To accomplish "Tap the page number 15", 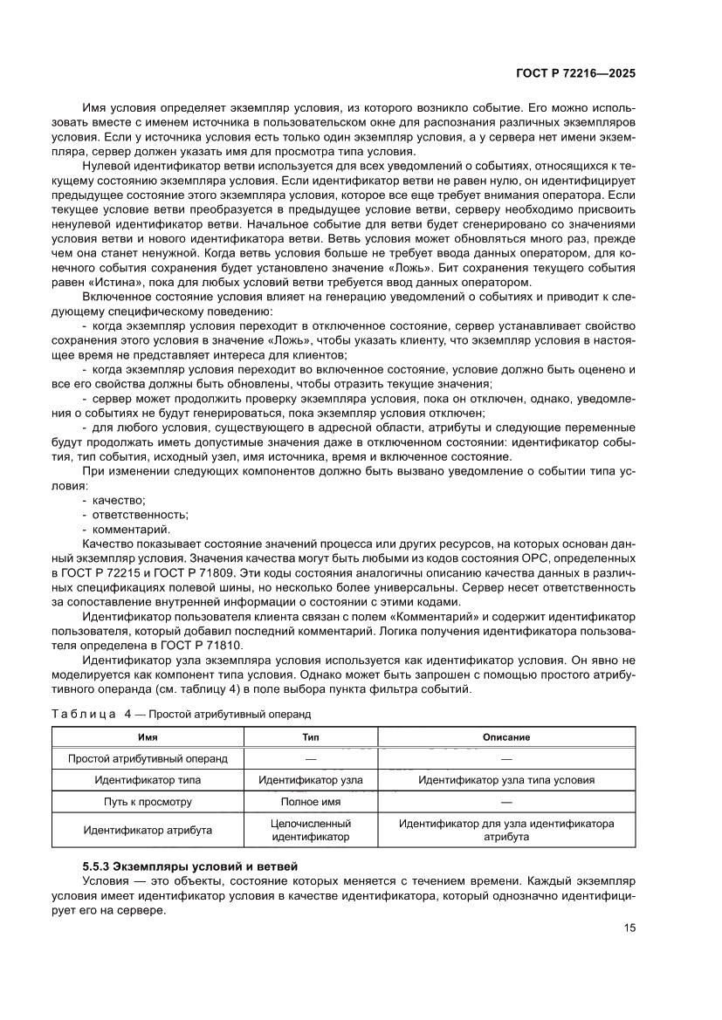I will [629, 928].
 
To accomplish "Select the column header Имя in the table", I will [148, 737].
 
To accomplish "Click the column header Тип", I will [311, 737].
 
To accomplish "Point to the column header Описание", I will [506, 737].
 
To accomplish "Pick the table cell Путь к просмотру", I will [148, 801].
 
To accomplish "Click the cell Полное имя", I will [311, 801].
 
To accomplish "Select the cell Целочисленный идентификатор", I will [311, 830].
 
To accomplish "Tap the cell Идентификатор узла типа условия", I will [506, 780].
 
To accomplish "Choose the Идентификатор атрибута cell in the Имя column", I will [148, 830].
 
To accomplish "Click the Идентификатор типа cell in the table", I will [148, 780].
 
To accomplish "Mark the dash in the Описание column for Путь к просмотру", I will [506, 801].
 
